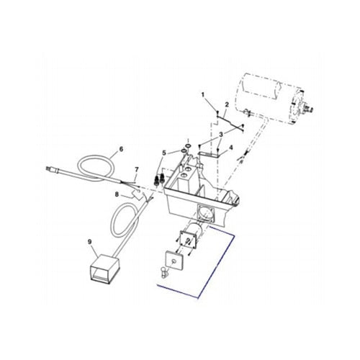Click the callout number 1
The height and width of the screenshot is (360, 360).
coord(203,95)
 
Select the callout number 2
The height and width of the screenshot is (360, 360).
coord(227,105)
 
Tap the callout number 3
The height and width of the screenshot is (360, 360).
coord(221,134)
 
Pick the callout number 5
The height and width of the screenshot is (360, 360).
coord(163,153)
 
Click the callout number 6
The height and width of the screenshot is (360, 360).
coord(121,149)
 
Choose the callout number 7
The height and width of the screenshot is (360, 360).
coord(135,170)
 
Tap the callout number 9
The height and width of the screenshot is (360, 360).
coord(89,241)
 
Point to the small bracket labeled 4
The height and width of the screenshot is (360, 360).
coord(210,153)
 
